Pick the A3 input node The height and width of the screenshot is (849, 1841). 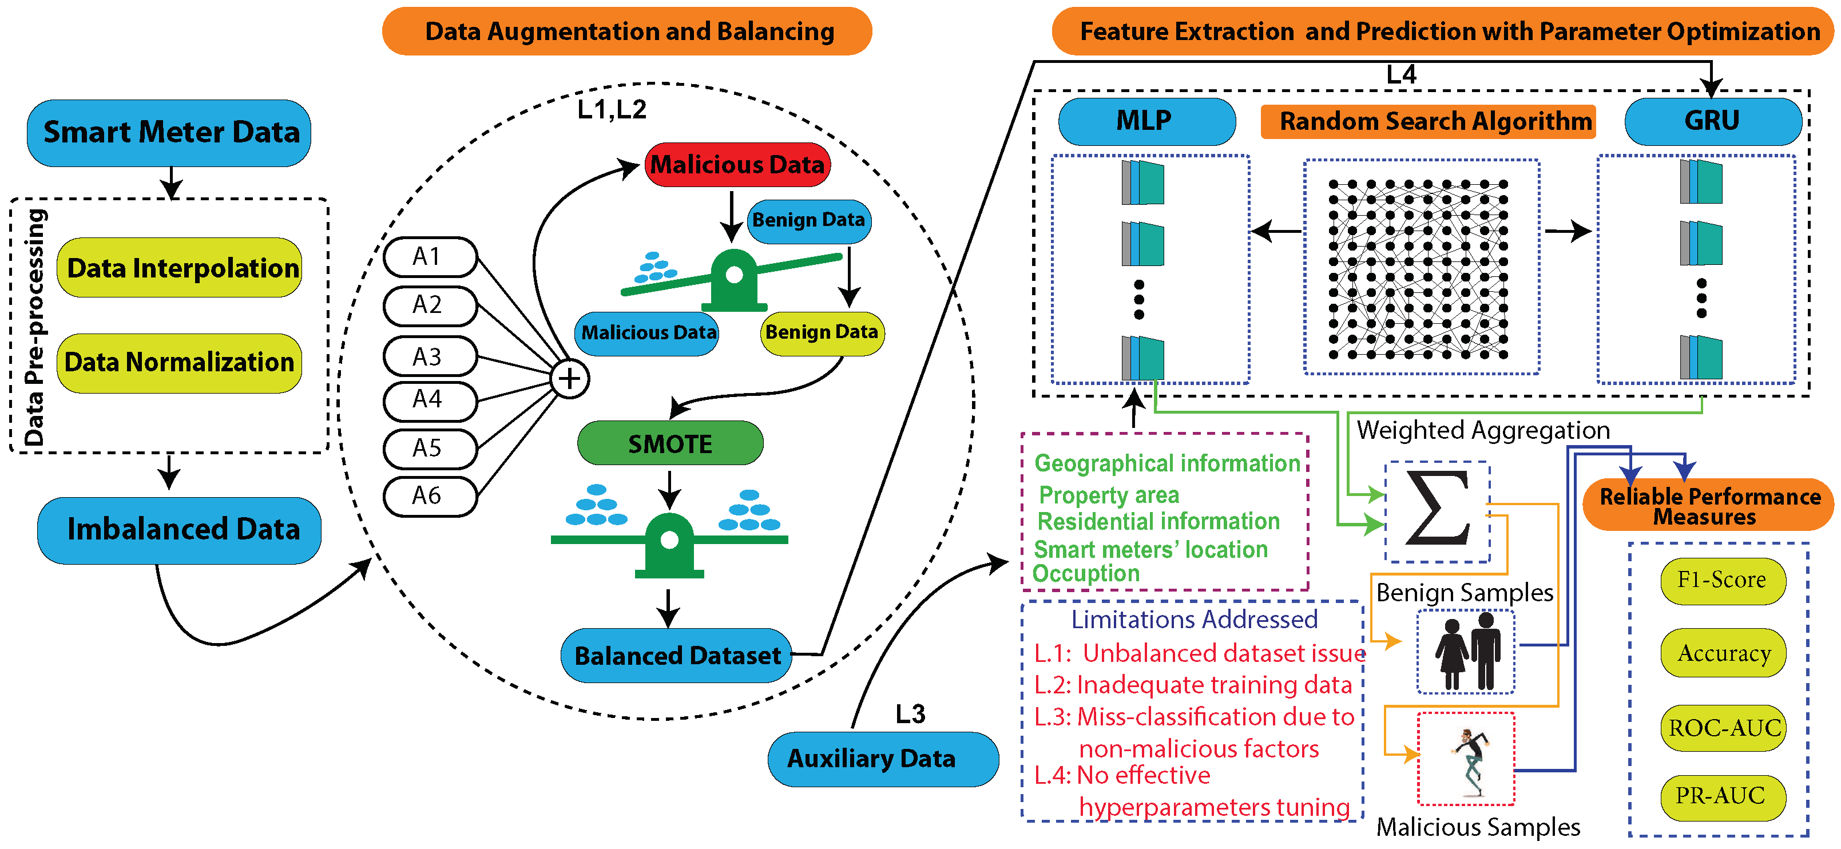coord(430,356)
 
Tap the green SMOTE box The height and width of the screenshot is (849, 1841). coord(670,444)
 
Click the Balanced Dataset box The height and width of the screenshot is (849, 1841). coord(676,655)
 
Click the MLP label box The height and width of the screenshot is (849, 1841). coord(1146,121)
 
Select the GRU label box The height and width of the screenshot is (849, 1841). coord(1712,121)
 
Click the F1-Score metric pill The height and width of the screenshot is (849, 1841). coord(1723,580)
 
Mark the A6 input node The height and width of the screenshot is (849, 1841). coord(430,496)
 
